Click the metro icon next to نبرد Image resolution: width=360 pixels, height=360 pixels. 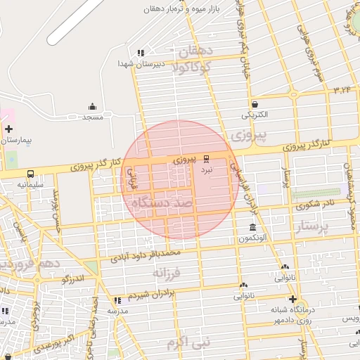206,159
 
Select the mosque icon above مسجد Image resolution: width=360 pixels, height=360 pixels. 93,107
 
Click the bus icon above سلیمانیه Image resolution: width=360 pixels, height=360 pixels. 30,174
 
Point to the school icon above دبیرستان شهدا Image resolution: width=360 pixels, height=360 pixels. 141,53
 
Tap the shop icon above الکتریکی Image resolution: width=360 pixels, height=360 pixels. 254,104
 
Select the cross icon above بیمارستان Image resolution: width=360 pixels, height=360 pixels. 8,129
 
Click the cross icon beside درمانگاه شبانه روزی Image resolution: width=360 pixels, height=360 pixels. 292,299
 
